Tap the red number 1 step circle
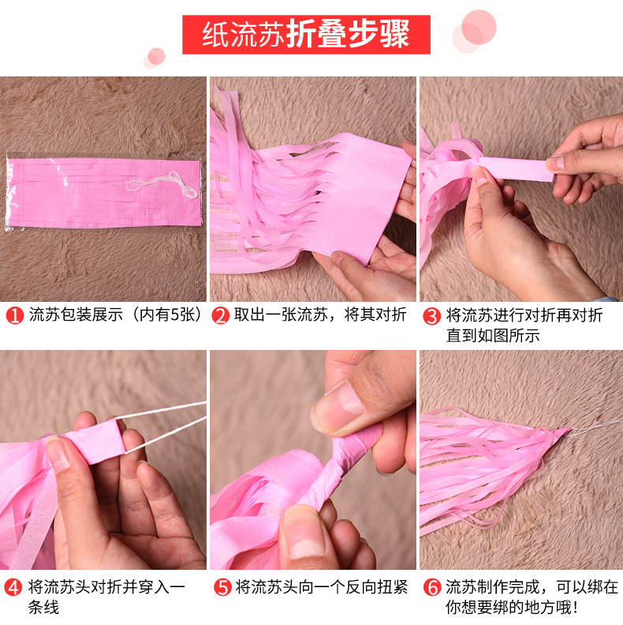pos(15,316)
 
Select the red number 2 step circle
pos(222,316)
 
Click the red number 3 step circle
pos(431,316)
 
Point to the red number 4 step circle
pos(15,587)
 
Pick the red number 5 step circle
pos(222,587)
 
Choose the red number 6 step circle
pos(431,587)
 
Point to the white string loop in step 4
pos(170,426)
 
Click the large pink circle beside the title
pos(478,27)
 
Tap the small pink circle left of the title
pos(155,57)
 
